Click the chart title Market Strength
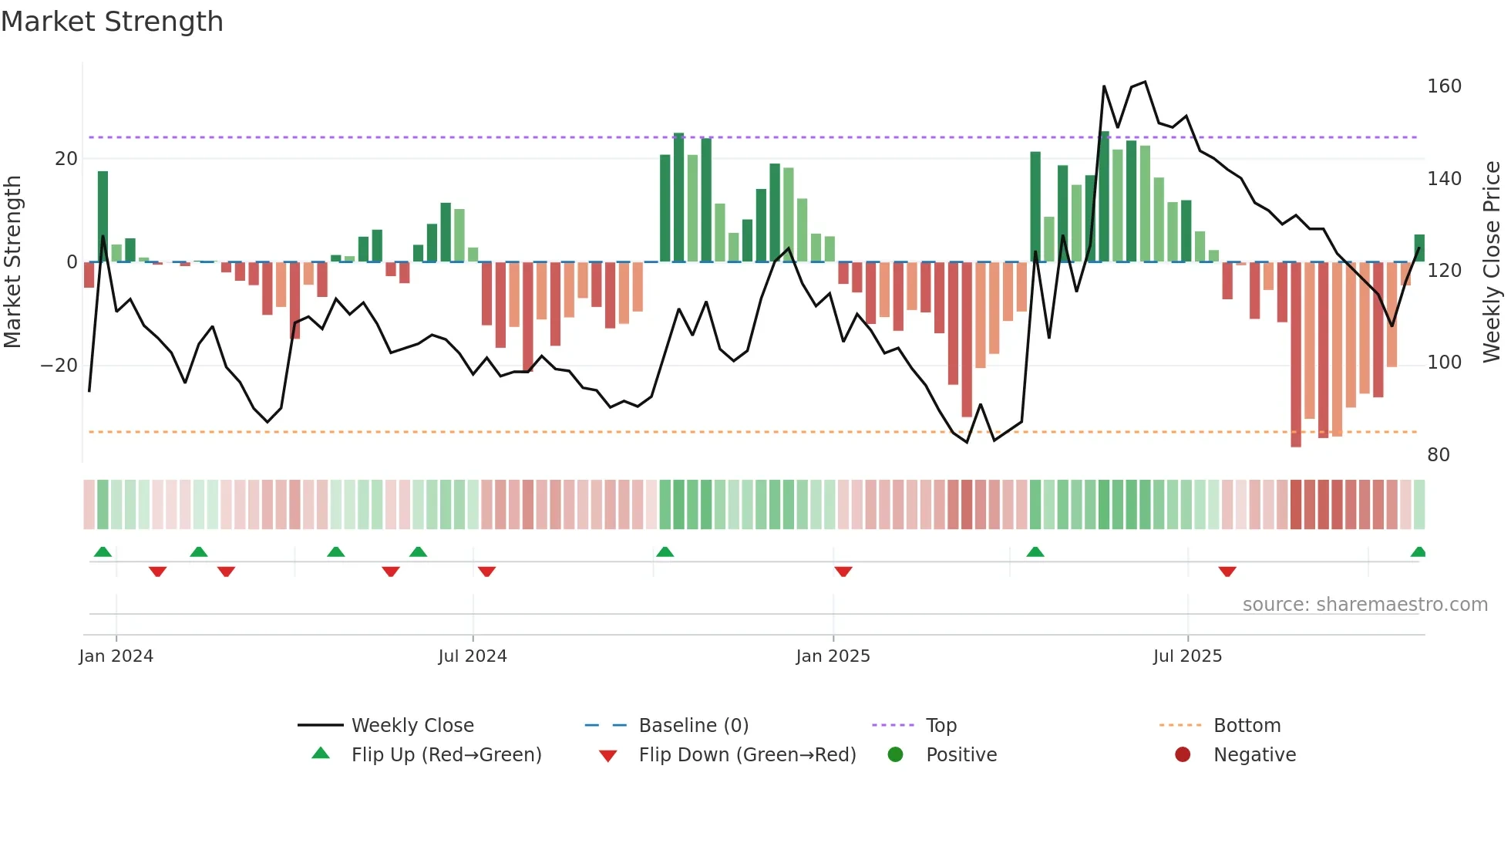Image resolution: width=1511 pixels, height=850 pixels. tap(112, 22)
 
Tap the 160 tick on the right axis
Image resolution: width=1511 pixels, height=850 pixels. tap(1443, 86)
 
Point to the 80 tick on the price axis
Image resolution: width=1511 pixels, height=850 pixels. tap(1438, 455)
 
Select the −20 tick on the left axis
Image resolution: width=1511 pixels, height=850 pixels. tap(59, 366)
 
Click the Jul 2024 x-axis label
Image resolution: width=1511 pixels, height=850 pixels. tap(472, 656)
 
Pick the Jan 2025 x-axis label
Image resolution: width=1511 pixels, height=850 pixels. tap(833, 656)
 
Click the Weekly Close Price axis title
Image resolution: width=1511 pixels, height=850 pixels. tap(1492, 262)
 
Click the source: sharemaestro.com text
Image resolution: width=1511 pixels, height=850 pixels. tap(1365, 605)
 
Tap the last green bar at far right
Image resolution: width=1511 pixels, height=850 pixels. tap(1419, 248)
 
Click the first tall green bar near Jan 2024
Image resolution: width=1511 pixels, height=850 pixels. tap(103, 216)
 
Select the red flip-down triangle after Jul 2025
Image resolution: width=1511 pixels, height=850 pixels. tap(1227, 572)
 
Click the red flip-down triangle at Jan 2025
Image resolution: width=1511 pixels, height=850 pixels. tap(843, 572)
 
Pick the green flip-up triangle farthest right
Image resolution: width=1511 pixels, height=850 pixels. tap(1418, 551)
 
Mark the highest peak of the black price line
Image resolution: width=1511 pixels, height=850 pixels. tap(1145, 82)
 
